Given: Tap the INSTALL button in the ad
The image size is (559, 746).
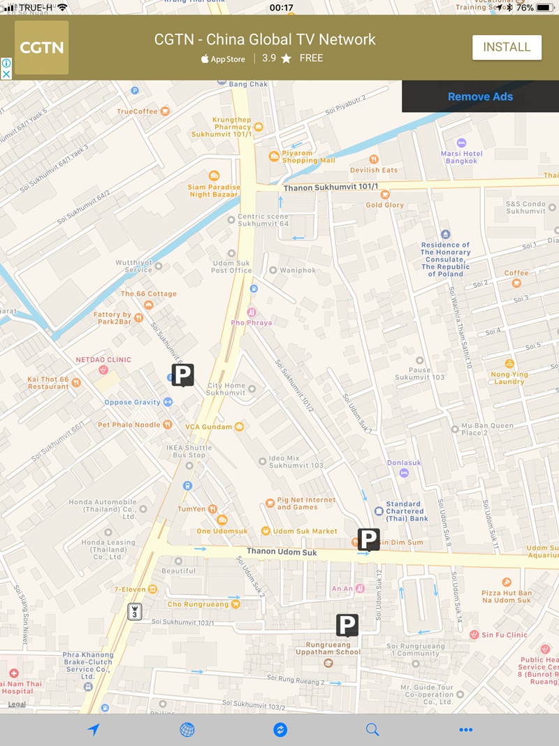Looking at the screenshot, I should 507,48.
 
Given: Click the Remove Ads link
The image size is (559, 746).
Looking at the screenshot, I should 480,96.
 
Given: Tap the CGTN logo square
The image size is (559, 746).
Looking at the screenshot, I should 42,48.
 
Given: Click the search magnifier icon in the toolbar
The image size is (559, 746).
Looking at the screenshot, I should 372,730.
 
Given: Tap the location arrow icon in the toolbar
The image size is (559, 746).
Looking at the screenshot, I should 94,730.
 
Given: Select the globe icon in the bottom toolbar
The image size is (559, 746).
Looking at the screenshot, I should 187,730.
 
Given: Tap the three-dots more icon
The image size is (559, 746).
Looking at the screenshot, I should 466,730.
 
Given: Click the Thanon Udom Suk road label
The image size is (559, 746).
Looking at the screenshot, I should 282,552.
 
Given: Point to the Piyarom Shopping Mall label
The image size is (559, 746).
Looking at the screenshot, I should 308,157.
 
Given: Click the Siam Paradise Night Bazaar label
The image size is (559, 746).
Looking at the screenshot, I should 213,190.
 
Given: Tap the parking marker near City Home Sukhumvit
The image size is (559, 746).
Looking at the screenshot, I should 182,374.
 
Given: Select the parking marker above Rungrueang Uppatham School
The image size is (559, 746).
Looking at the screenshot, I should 347,624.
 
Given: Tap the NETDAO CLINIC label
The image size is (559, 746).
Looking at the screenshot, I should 103,360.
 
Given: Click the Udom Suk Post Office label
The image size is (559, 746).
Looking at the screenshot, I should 231,266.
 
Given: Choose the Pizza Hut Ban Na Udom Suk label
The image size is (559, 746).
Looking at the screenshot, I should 507,596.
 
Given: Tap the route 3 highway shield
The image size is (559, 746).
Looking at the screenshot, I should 135,611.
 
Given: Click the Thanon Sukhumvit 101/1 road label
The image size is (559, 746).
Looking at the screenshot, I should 331,187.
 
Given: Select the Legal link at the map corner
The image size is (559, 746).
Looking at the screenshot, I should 17,704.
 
